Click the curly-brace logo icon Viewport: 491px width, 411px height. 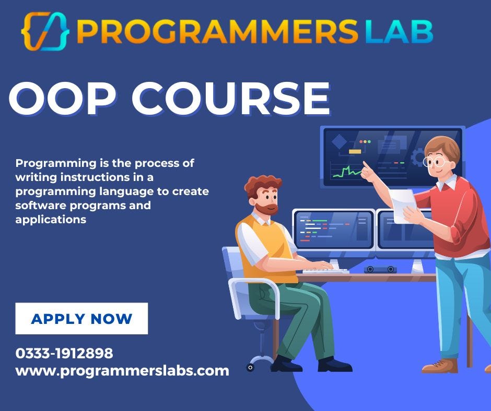(45, 31)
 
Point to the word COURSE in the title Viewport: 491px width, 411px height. (230, 99)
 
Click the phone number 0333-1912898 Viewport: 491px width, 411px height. (64, 353)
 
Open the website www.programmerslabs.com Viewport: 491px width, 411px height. (122, 371)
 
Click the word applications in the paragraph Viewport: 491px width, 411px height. (51, 220)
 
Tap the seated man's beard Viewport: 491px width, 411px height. (269, 208)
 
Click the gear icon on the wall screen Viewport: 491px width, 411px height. (417, 157)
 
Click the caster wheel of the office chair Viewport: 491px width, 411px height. (250, 367)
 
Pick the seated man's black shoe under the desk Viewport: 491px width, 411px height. (335, 364)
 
